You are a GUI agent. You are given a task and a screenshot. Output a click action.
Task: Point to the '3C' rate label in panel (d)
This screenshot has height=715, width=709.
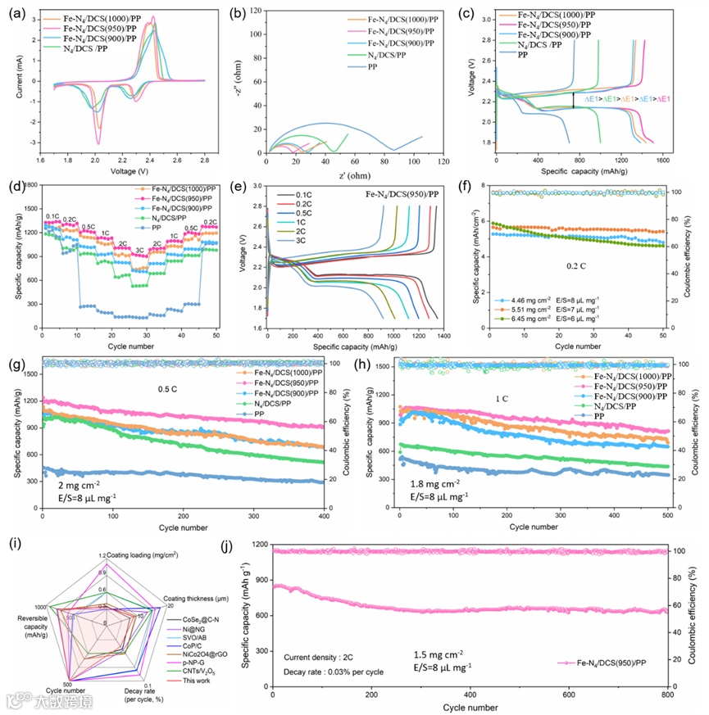139,251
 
